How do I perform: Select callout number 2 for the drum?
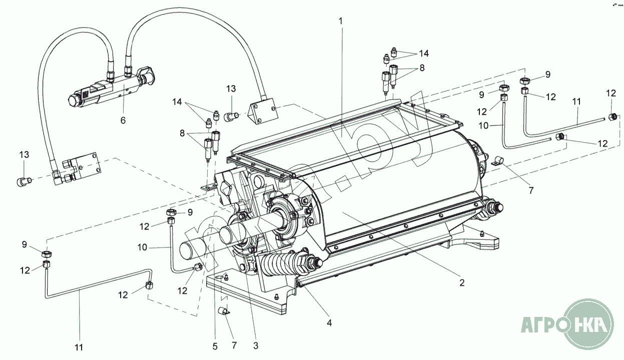click(461, 283)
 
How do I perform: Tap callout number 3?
click(255, 345)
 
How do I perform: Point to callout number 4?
click(329, 323)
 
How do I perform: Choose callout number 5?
click(215, 345)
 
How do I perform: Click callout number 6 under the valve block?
click(123, 120)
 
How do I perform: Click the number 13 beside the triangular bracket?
click(230, 89)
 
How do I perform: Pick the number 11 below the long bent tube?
click(79, 346)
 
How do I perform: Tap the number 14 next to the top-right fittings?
click(424, 53)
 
